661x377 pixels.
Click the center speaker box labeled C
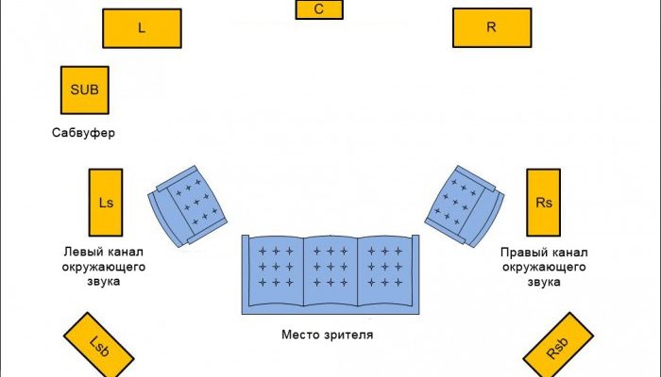tap(319, 9)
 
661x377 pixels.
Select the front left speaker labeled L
tap(142, 28)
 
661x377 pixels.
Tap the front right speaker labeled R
tap(491, 27)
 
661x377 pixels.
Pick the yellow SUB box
tap(84, 90)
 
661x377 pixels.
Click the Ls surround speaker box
tap(106, 203)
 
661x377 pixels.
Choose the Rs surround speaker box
tap(543, 203)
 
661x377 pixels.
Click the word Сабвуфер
tap(83, 133)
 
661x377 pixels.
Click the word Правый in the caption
tap(522, 253)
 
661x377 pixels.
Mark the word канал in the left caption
tap(125, 253)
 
